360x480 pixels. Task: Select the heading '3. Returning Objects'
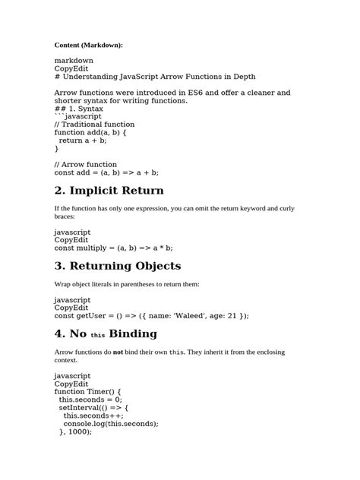pos(118,266)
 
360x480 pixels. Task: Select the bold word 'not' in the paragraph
pos(118,352)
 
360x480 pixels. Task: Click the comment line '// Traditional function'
pos(94,124)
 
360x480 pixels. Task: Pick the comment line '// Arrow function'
pos(86,164)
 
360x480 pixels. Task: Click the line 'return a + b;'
pos(83,140)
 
